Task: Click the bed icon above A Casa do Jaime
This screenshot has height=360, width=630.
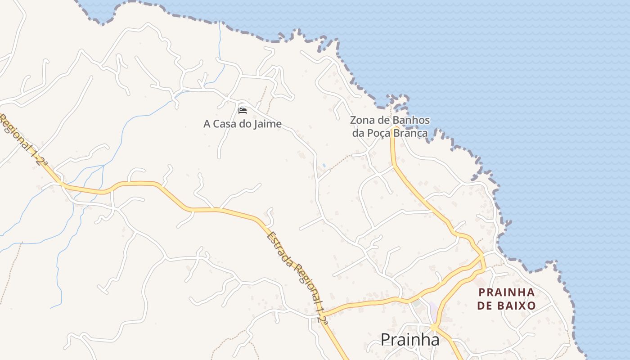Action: point(243,110)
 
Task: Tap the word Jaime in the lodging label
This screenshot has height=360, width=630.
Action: point(267,124)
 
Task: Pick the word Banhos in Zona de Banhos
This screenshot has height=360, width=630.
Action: point(411,121)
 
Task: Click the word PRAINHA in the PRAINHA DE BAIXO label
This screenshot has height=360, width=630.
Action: point(507,292)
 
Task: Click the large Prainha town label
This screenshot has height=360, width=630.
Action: point(410,340)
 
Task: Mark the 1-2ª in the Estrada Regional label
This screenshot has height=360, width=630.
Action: point(322,314)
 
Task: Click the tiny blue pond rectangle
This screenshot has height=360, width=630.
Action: point(324,166)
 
